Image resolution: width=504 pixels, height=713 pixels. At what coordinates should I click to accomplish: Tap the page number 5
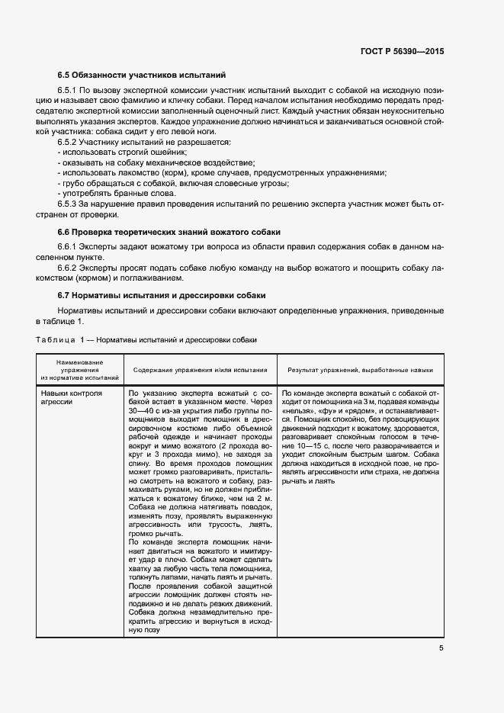[x=441, y=648]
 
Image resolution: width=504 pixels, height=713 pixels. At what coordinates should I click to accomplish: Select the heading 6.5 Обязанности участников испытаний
[x=142, y=75]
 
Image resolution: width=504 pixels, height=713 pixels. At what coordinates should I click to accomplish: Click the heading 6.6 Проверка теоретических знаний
[x=169, y=231]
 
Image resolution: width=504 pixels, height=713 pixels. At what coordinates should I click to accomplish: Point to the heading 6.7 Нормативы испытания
[x=162, y=294]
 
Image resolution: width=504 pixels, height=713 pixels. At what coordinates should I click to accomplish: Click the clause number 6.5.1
[x=69, y=90]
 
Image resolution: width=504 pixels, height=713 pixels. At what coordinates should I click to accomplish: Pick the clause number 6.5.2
[x=69, y=143]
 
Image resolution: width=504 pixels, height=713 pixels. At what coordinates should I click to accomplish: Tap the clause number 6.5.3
[x=69, y=205]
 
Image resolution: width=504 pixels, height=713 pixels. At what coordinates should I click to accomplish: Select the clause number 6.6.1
[x=69, y=247]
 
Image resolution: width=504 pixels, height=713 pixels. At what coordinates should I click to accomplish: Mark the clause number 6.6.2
[x=69, y=268]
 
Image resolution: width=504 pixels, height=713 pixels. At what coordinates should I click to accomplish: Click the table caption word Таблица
[x=55, y=339]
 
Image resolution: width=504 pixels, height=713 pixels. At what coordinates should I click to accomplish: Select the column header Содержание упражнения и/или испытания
[x=200, y=370]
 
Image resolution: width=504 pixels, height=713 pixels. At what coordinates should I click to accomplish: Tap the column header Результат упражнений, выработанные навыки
[x=360, y=370]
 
